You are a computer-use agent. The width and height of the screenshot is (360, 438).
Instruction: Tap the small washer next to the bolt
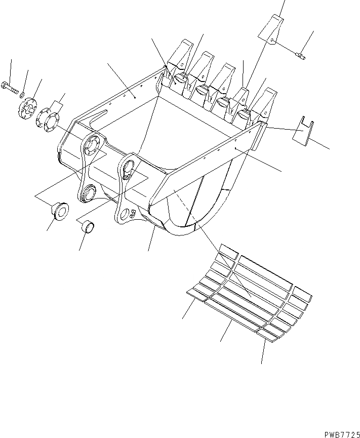pos(21,94)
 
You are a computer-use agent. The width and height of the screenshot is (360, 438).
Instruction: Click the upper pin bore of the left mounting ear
pos(92,145)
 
